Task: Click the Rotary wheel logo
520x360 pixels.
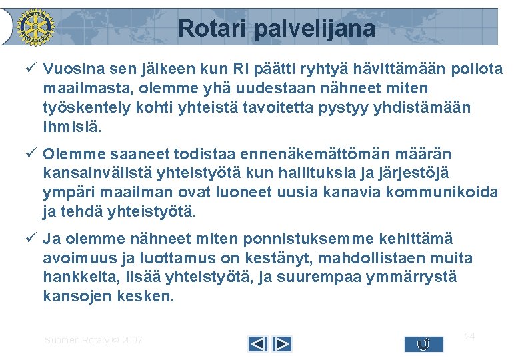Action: point(34,27)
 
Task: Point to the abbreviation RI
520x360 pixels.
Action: point(243,69)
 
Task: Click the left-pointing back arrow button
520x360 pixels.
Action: point(258,344)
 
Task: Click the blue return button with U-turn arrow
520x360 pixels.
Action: point(423,344)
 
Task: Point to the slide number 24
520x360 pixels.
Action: point(469,336)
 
